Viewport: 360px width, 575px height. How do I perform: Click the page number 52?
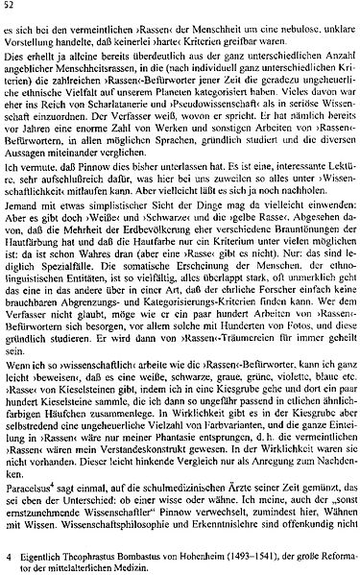(11, 7)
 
